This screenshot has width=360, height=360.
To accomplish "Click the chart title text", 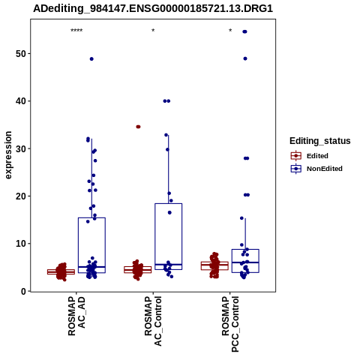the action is coord(153,8).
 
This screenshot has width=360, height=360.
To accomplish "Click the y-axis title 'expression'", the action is coord(8,155).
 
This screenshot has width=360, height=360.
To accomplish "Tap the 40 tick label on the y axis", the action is coord(21,101).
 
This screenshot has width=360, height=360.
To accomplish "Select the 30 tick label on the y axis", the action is coord(21,148).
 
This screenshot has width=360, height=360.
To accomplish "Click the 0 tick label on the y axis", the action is coord(23,291).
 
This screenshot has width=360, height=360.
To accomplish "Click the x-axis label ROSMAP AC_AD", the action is coord(76,316).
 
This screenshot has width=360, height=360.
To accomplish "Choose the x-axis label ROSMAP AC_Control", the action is coord(153,321).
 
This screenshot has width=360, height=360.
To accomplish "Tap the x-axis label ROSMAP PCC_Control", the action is coord(230,324).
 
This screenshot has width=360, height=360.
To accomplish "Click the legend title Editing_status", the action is coord(320,141).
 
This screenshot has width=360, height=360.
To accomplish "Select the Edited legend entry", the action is coord(310,156).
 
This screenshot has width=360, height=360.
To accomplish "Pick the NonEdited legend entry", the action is coord(316,169).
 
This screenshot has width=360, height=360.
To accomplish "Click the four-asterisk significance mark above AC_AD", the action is coord(76,31).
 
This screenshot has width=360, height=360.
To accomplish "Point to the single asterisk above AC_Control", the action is coord(153,31).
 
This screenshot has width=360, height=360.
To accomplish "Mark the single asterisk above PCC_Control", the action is coord(230,31).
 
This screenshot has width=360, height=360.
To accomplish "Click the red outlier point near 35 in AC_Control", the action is coord(138,127).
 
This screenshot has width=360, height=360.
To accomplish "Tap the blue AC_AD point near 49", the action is coord(91,59).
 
